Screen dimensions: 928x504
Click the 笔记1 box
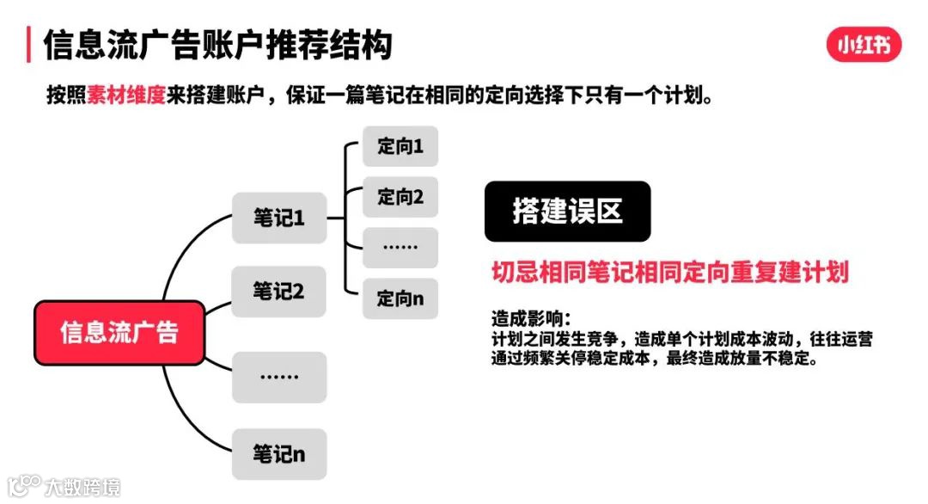click(x=279, y=218)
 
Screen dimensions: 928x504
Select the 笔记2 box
click(x=279, y=292)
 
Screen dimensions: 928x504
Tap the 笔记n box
click(x=279, y=454)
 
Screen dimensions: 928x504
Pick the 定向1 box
click(x=400, y=146)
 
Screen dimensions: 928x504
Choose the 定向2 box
click(x=400, y=197)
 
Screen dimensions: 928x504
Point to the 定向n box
click(x=400, y=298)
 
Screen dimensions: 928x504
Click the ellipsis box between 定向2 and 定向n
click(x=400, y=248)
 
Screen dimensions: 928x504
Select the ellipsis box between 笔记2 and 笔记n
click(x=279, y=377)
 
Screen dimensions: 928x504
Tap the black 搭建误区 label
click(x=567, y=212)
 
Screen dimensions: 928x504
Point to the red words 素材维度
click(x=125, y=94)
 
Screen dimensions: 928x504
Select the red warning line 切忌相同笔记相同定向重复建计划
click(x=669, y=272)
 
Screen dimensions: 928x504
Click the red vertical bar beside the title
click(x=29, y=45)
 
